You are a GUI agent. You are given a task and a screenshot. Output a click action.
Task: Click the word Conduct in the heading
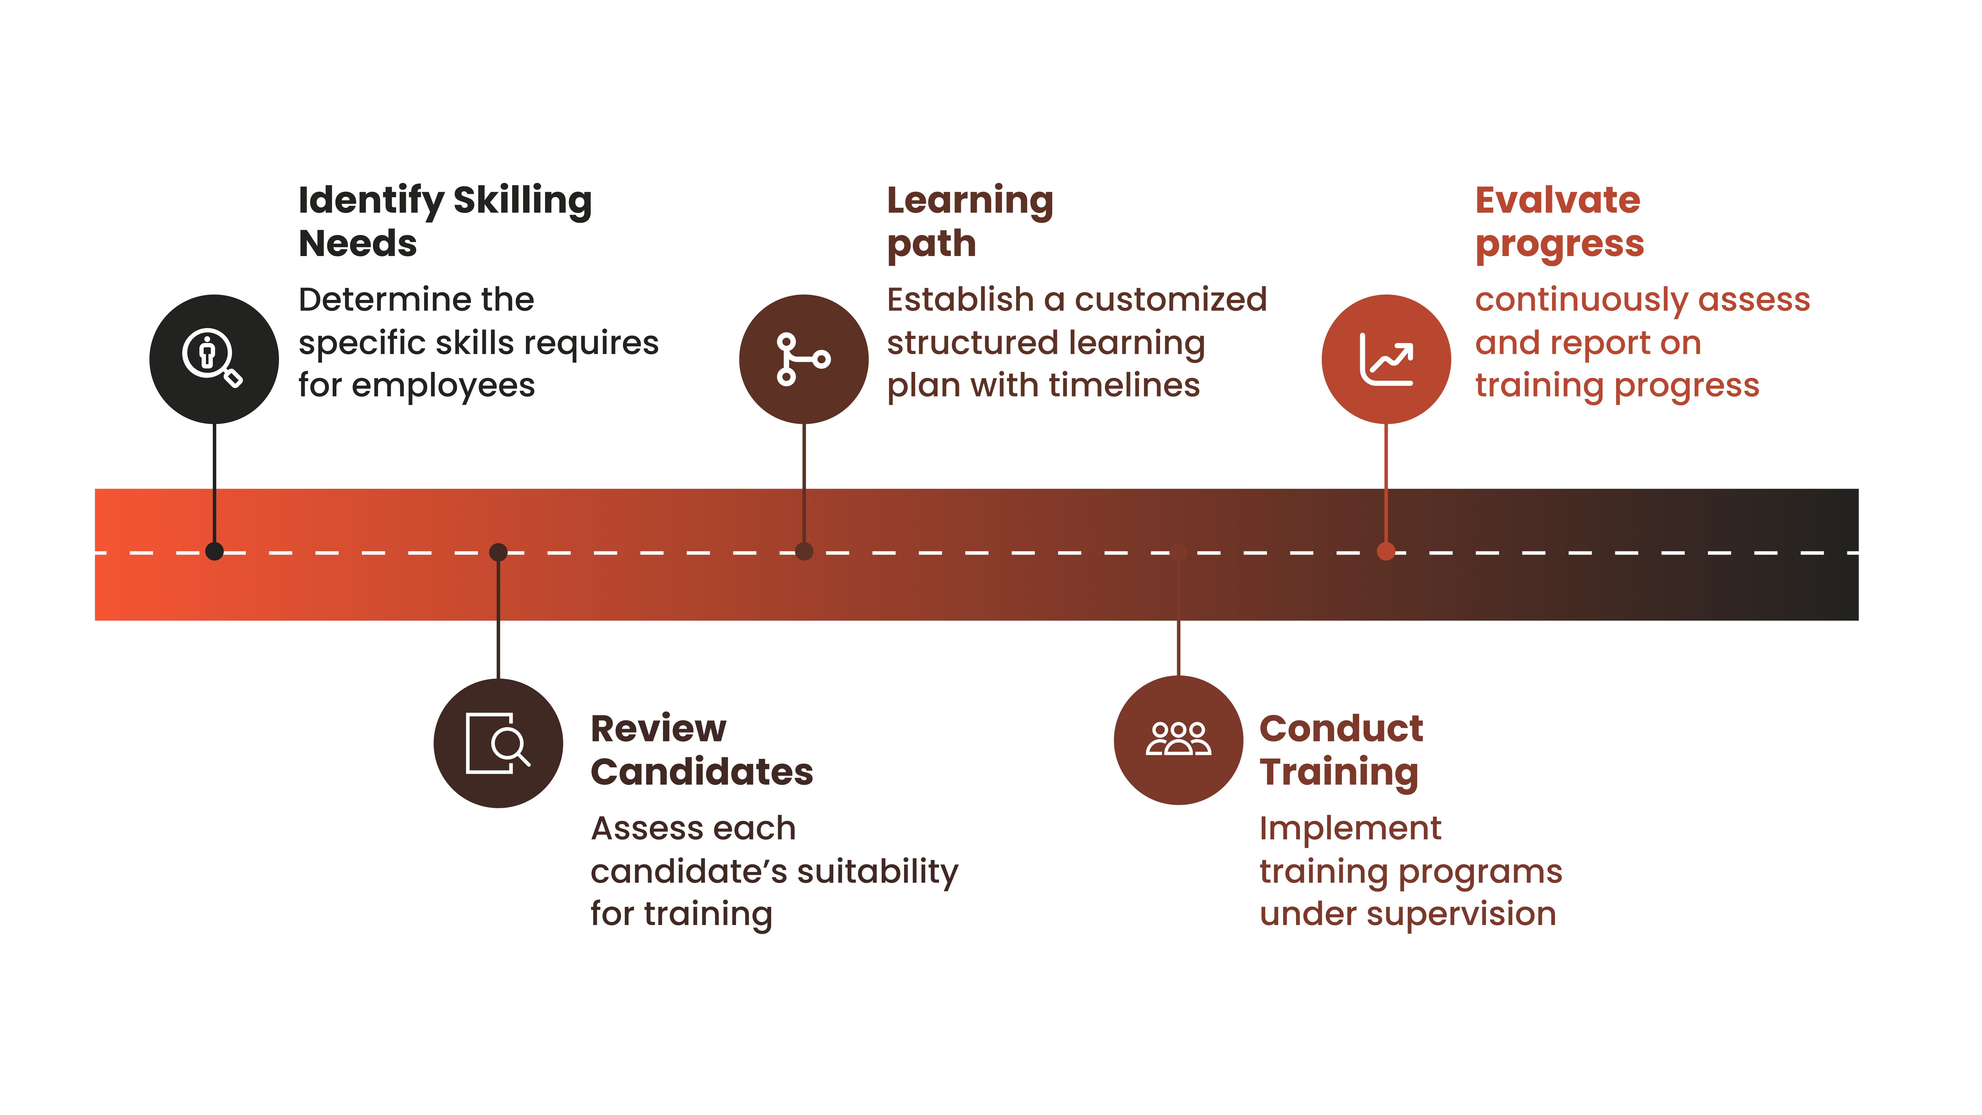pos(1341,729)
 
